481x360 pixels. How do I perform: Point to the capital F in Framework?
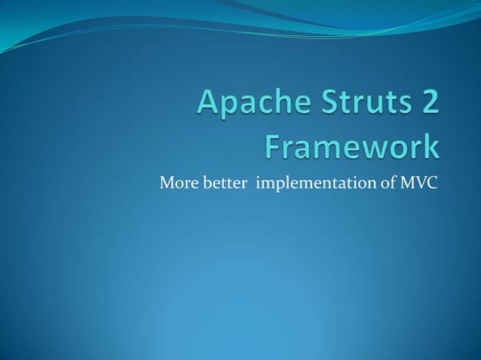point(272,147)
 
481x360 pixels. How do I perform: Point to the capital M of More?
point(165,182)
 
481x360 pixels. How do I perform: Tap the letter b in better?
point(207,182)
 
